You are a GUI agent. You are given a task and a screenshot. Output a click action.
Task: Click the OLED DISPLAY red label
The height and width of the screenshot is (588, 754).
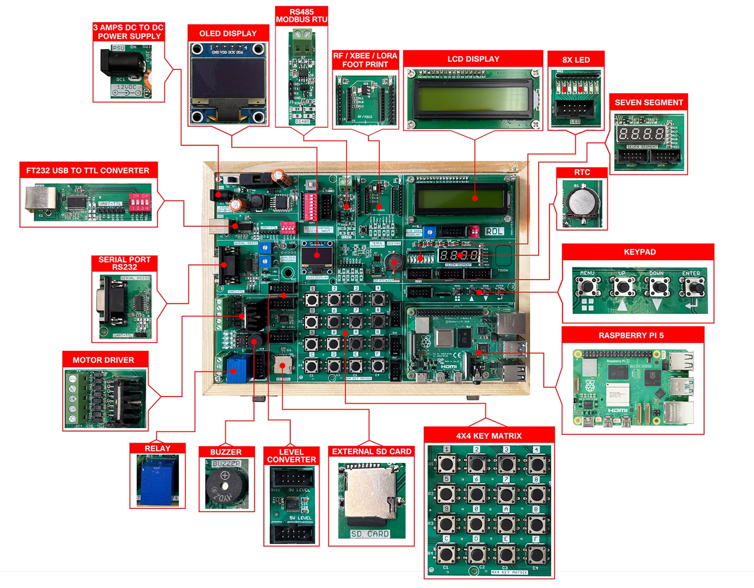pos(228,33)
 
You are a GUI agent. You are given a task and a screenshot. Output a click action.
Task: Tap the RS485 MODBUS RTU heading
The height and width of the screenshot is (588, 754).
pos(302,16)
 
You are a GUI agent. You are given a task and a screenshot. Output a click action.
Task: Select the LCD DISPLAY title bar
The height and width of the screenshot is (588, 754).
pos(473,59)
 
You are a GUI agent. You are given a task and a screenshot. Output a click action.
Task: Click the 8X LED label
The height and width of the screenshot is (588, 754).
pos(576,60)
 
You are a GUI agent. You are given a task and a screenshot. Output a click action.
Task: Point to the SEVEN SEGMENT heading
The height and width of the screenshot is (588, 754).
pos(648,102)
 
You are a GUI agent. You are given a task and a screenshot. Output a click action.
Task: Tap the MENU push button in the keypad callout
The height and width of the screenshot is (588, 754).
pos(587,287)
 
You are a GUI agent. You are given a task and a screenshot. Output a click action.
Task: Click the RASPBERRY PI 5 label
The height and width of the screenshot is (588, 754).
pos(631,335)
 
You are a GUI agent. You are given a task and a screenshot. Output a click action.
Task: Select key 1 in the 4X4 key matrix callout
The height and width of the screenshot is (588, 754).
pos(446,464)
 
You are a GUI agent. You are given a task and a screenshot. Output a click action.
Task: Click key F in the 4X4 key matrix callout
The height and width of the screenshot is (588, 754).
pos(536,554)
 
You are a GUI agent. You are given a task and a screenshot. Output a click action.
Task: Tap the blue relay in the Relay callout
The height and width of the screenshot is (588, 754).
pos(157,480)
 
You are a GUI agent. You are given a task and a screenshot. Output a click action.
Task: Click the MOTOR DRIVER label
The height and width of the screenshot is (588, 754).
pos(103,360)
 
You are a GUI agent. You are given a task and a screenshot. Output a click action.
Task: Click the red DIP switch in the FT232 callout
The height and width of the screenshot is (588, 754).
pos(140,202)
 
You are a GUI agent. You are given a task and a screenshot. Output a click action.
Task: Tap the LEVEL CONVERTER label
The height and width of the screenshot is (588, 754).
pos(291,455)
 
